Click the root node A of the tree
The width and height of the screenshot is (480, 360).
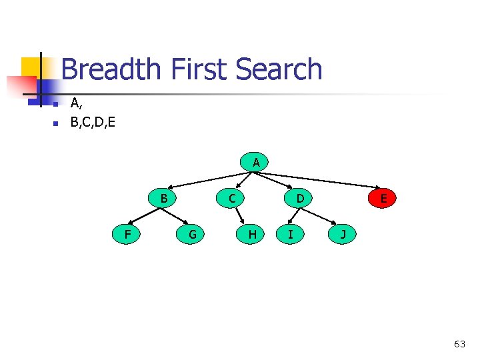(x=255, y=162)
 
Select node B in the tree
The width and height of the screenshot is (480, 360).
(x=163, y=198)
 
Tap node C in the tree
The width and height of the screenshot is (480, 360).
(x=231, y=198)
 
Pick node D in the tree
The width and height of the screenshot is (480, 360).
(x=301, y=198)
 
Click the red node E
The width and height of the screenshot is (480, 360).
(x=383, y=198)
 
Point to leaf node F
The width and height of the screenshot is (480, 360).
(x=127, y=234)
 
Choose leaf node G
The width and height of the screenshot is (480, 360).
(x=192, y=234)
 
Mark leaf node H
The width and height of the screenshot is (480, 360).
(x=252, y=234)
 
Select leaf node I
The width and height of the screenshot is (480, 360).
(x=290, y=234)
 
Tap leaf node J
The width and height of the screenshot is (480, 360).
(x=343, y=234)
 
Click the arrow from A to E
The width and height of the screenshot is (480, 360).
(x=320, y=179)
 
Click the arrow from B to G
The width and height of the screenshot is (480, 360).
(x=176, y=215)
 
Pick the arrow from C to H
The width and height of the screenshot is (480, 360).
(x=243, y=217)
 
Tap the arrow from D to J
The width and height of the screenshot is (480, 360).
(x=321, y=215)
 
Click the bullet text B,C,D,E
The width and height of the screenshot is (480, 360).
(x=93, y=122)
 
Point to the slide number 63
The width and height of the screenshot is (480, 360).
(x=459, y=344)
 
